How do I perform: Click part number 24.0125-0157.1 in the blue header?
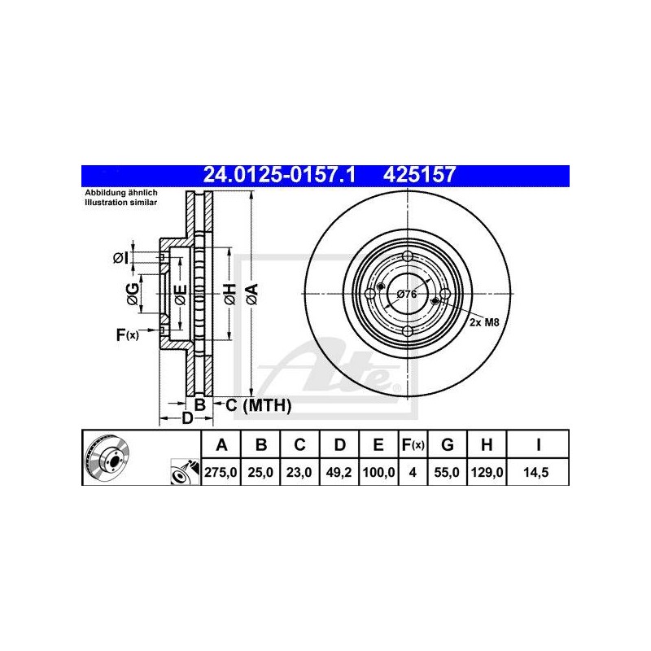279,175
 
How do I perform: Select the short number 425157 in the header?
419,175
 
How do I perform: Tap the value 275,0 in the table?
221,472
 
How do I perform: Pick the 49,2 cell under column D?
339,472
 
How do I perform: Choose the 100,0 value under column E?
378,472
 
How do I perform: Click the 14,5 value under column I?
536,472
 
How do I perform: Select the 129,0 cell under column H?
487,472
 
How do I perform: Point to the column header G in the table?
447,444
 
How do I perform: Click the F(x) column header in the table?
413,444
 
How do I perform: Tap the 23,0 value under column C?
299,472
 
